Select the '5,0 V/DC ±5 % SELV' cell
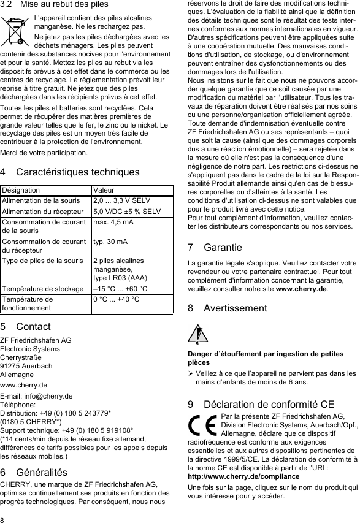pyautogui.click(x=126, y=212)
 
